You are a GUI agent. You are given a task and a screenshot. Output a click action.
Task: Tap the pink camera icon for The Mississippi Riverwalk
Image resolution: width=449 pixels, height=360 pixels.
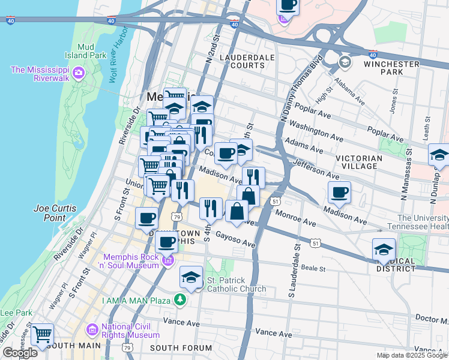(x=78, y=73)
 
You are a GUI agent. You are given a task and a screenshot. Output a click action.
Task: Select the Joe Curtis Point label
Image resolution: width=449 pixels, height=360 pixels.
(x=55, y=212)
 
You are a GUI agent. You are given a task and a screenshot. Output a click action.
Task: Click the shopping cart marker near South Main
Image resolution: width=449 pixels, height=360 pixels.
(x=42, y=334)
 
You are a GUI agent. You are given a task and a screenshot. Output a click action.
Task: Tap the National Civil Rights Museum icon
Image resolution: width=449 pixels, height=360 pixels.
(x=92, y=329)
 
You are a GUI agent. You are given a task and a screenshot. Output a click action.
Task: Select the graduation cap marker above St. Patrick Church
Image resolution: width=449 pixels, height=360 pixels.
(x=191, y=277)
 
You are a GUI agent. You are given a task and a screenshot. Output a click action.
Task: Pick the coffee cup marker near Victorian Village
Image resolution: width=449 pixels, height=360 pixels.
(x=340, y=193)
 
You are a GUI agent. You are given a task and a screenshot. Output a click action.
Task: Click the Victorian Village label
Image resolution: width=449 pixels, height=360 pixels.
(x=361, y=163)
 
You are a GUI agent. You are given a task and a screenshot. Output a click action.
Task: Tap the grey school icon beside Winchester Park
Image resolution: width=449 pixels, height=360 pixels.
(x=345, y=62)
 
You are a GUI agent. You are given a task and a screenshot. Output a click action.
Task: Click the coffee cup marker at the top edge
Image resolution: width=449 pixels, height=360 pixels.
(x=288, y=5)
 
